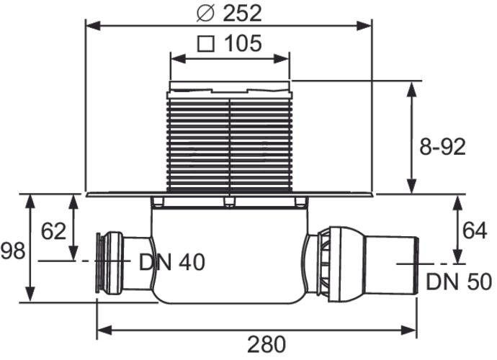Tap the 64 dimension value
click(475, 230)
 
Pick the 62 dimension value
click(53, 231)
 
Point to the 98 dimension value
click(13, 251)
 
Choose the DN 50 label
click(458, 281)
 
